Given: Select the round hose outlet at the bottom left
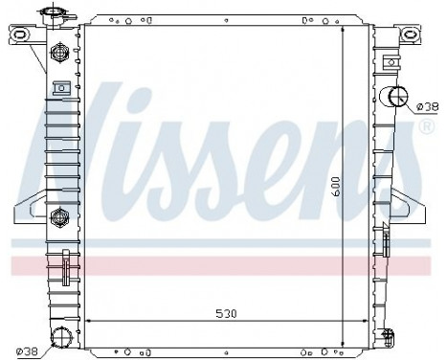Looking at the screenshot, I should (x=62, y=337).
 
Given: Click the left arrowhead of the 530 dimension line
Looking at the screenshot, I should (x=90, y=321).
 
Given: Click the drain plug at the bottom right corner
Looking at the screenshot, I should (x=387, y=337).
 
